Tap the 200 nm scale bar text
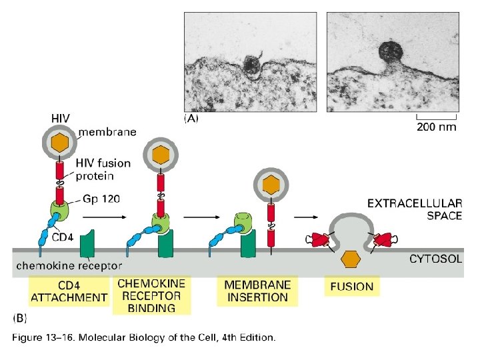pyautogui.click(x=437, y=127)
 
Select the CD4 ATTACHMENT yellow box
pyautogui.click(x=69, y=292)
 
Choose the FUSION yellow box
pyautogui.click(x=352, y=287)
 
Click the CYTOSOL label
pyautogui.click(x=435, y=258)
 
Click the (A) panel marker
pyautogui.click(x=191, y=120)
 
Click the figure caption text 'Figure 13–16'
pyautogui.click(x=143, y=337)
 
